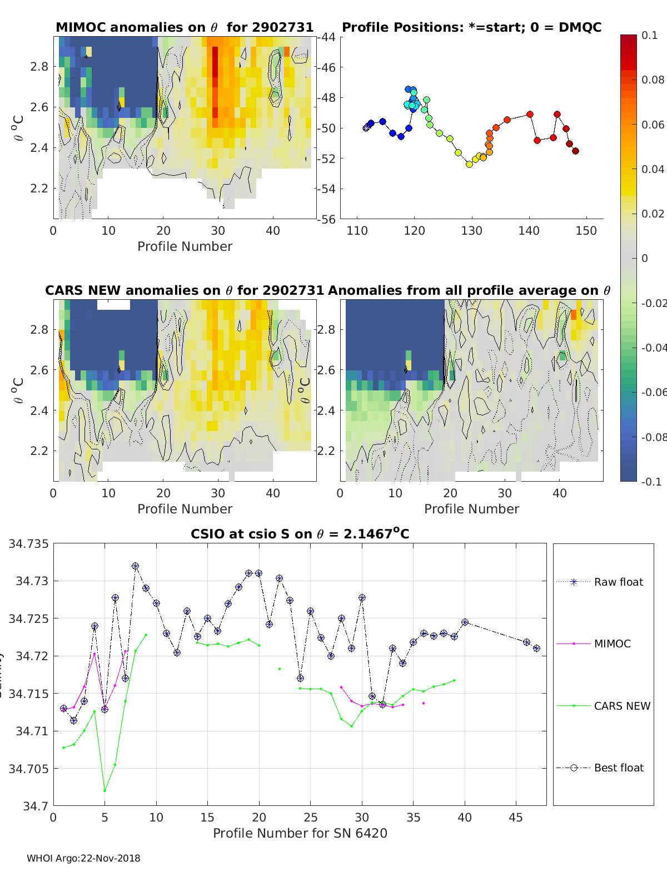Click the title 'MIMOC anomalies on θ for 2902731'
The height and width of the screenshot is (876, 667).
click(185, 27)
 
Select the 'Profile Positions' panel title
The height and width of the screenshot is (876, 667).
click(471, 27)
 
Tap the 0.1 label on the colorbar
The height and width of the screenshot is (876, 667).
click(649, 35)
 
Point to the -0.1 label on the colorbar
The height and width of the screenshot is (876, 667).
click(651, 482)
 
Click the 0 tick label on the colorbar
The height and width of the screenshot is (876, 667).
click(645, 258)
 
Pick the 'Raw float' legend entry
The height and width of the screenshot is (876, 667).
click(618, 582)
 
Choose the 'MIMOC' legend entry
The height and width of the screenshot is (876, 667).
click(612, 644)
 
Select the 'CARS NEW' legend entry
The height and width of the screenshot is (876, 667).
click(621, 706)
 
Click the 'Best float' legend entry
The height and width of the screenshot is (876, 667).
click(618, 768)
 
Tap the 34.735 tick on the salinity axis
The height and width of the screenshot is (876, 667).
click(28, 544)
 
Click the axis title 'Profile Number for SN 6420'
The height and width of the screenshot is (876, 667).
click(300, 833)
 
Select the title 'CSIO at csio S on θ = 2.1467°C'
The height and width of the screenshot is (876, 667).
click(300, 534)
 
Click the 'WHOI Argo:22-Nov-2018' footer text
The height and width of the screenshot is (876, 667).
click(83, 858)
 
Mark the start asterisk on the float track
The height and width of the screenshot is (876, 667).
click(366, 128)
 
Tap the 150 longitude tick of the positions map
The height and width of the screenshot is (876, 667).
click(586, 231)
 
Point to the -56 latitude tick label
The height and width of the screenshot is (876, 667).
click(327, 219)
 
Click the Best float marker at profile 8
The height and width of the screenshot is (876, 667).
click(135, 566)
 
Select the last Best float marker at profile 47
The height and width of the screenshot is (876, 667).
click(536, 649)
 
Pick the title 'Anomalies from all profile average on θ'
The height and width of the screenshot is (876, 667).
click(469, 290)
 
